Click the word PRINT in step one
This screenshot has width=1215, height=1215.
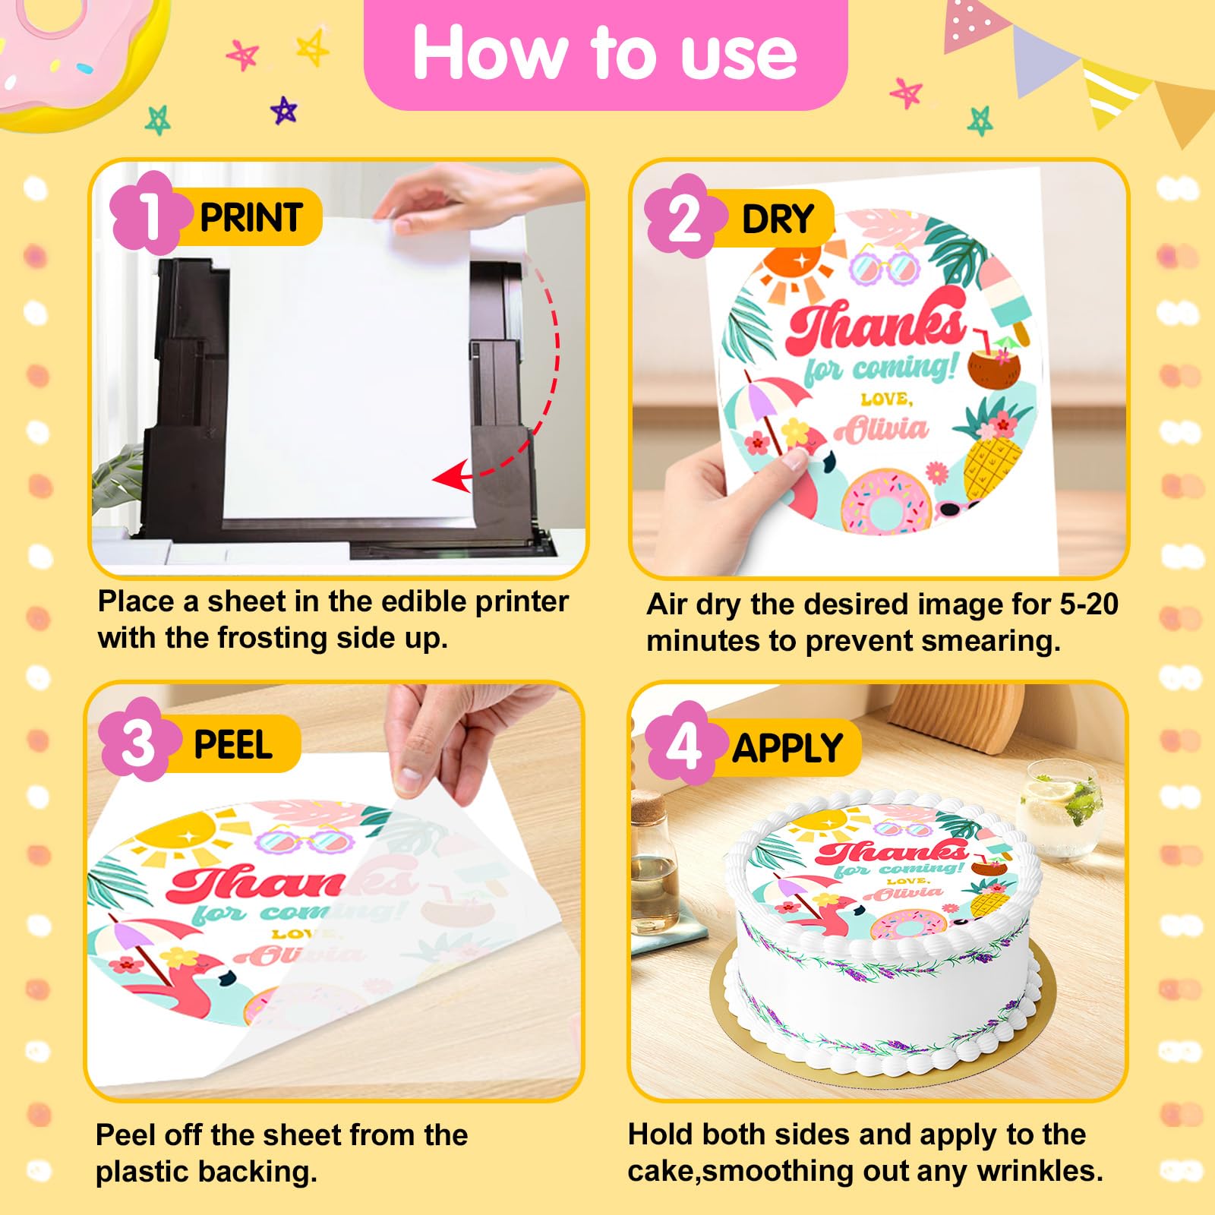(x=251, y=218)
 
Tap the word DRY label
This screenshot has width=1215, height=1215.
(x=778, y=219)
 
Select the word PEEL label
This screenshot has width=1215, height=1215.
(x=233, y=745)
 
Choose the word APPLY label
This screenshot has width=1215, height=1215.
(x=787, y=748)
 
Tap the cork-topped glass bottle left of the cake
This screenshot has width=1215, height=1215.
(x=652, y=863)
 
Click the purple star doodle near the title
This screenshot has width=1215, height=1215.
(x=283, y=111)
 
